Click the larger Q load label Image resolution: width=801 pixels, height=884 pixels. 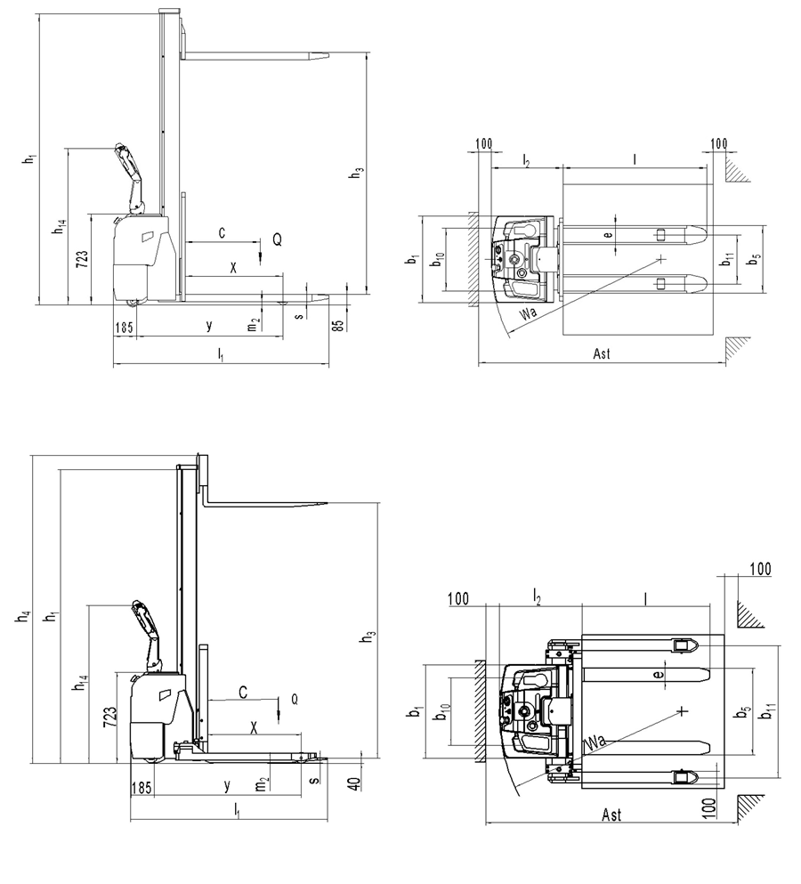coord(277,239)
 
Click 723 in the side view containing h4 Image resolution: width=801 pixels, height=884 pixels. coord(109,718)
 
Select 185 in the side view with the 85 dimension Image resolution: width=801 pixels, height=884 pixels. coord(124,328)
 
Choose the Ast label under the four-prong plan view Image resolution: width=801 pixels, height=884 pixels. coord(611,815)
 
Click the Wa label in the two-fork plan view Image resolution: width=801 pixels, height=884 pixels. coord(528,313)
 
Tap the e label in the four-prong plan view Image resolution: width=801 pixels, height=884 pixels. coord(659,676)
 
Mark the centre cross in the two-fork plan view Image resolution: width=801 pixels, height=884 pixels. coord(661,258)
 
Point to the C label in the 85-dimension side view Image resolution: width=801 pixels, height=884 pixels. coord(222,232)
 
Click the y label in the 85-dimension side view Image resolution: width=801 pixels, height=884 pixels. coord(209,326)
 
